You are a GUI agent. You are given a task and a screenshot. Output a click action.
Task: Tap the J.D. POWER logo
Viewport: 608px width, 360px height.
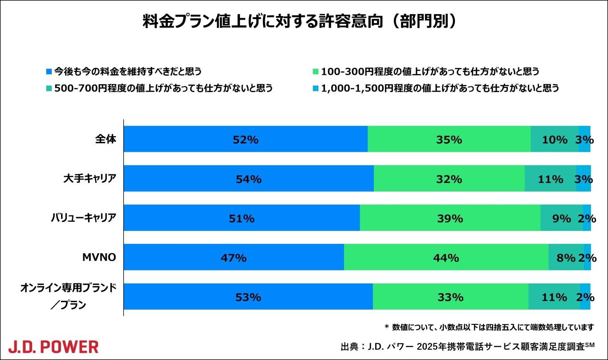click(x=53, y=346)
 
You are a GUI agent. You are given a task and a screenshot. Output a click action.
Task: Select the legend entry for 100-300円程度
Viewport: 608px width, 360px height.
click(x=430, y=71)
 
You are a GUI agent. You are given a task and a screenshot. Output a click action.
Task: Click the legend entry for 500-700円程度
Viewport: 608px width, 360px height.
click(x=162, y=88)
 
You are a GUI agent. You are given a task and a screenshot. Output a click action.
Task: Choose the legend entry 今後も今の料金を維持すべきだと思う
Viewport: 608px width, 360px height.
click(x=127, y=71)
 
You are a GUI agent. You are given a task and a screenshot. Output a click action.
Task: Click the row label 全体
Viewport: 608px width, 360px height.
click(x=105, y=139)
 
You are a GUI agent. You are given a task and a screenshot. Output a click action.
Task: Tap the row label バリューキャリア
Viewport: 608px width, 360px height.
click(x=83, y=218)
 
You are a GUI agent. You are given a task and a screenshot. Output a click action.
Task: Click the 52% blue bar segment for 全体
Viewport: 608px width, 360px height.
click(x=245, y=139)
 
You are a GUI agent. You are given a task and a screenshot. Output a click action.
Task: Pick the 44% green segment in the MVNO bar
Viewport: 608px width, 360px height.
click(x=446, y=258)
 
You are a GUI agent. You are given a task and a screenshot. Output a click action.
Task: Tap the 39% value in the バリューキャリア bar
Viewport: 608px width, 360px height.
click(x=450, y=218)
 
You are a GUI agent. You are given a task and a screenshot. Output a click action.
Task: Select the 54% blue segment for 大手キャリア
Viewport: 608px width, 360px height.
click(x=248, y=179)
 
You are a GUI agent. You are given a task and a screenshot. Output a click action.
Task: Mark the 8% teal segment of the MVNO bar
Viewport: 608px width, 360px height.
click(x=566, y=258)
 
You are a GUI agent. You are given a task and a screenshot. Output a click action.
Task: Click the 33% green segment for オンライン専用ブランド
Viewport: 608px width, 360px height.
click(x=450, y=297)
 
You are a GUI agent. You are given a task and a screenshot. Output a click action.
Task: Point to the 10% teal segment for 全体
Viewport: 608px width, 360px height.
click(x=555, y=139)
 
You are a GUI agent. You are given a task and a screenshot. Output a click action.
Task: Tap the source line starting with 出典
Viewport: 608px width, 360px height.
click(x=467, y=346)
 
